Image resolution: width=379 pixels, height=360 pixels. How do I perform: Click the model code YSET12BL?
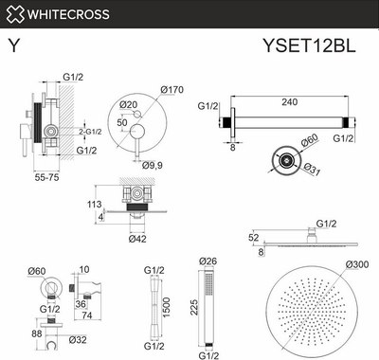coord(316,46)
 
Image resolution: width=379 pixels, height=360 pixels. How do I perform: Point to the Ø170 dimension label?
coord(171,90)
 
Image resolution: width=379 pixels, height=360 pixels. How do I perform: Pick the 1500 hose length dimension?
coord(167,308)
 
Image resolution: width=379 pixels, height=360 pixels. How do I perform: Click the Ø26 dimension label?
coord(209,261)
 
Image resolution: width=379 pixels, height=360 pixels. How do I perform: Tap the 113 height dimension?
coord(94,203)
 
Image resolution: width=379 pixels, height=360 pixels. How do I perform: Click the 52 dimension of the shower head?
coord(253,240)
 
